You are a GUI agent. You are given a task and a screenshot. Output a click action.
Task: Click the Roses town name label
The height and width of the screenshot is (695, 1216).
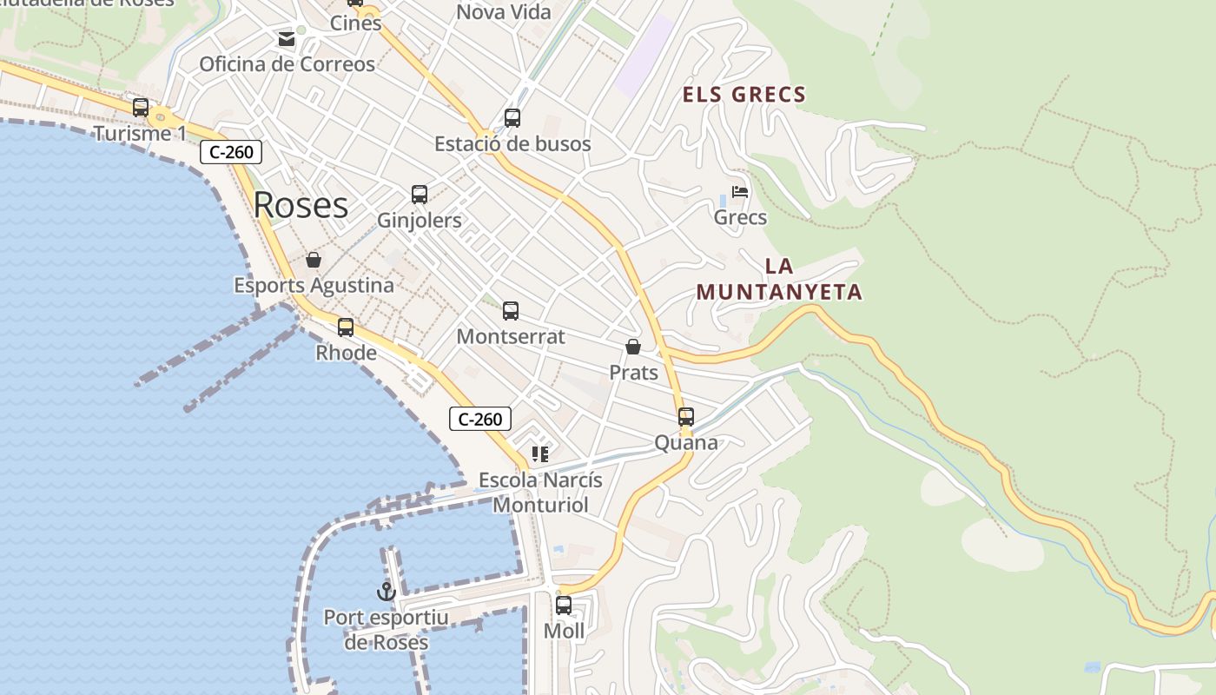[x=301, y=206]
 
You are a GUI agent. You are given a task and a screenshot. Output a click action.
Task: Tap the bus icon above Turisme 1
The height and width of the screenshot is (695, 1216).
[x=141, y=108]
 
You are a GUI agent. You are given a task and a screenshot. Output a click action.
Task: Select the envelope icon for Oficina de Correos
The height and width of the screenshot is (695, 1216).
[x=287, y=39]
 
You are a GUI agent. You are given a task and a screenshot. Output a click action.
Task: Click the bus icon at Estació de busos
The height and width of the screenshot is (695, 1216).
[x=512, y=118]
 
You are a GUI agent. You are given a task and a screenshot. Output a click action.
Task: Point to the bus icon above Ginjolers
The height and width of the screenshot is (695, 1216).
[x=420, y=195]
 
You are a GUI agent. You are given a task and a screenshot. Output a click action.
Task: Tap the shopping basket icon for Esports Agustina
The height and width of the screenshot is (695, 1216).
[x=314, y=260]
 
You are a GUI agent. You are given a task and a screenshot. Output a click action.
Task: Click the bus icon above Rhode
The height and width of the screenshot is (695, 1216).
[x=346, y=328]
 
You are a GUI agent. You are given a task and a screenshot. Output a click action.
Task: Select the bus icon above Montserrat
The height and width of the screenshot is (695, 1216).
[x=511, y=311]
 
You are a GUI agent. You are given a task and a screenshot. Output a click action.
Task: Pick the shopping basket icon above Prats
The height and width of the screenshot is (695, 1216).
[x=633, y=347]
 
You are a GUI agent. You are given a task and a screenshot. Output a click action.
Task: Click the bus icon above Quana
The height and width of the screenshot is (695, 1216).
[x=686, y=417]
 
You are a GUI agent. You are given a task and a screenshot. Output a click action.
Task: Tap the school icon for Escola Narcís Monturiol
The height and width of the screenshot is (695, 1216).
[x=540, y=453]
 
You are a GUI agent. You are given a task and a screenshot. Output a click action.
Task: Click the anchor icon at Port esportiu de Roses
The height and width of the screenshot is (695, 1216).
[x=387, y=592]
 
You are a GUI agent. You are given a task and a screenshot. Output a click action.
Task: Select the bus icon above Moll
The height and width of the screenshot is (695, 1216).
[x=564, y=606]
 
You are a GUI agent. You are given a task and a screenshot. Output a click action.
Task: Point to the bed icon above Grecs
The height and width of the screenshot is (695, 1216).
[x=740, y=192]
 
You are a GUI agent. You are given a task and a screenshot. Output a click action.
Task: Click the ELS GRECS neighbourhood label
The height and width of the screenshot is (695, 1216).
[x=744, y=95]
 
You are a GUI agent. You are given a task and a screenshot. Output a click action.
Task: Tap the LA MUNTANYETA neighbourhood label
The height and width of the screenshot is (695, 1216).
[x=779, y=280]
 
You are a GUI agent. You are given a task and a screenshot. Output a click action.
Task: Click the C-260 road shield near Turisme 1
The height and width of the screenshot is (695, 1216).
[x=231, y=153]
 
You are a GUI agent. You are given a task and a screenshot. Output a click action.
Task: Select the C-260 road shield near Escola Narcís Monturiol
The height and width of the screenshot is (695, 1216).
[x=480, y=419]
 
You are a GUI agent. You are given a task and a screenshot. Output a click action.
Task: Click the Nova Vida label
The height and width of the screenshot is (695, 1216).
[x=504, y=12]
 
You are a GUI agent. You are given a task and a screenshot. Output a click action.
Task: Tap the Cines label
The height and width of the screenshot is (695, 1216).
[x=356, y=23]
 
